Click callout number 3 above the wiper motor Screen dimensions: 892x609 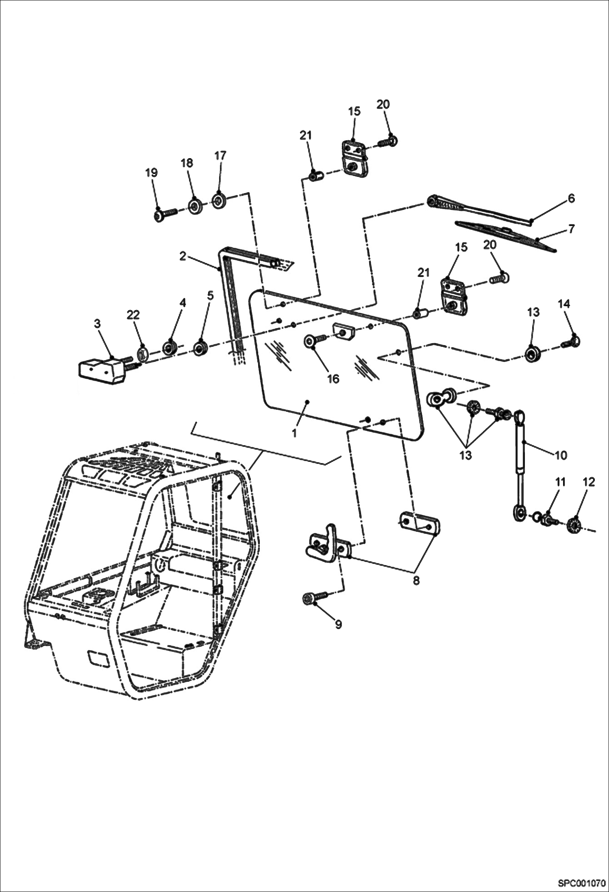click(97, 324)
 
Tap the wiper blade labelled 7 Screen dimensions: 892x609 click(504, 235)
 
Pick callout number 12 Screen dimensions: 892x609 click(588, 482)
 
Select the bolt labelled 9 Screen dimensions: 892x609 click(315, 598)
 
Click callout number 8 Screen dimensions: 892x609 click(415, 581)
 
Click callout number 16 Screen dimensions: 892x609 click(333, 379)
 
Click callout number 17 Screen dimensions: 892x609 click(220, 156)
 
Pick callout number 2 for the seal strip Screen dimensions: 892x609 click(183, 256)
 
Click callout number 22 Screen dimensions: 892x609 click(133, 315)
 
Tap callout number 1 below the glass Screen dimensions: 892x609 click(294, 433)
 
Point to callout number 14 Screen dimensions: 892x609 click(563, 304)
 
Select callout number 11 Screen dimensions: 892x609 click(560, 482)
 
